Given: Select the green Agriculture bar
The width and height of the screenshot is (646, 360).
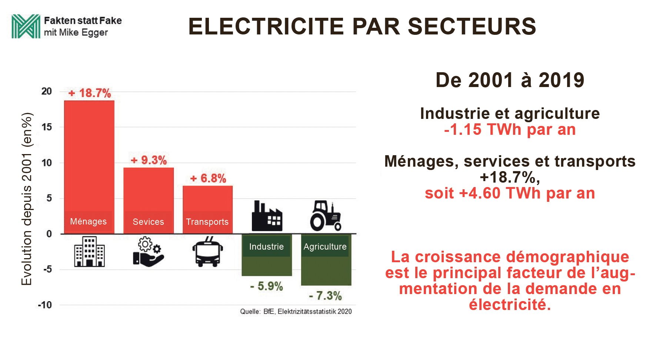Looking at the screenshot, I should [326, 267].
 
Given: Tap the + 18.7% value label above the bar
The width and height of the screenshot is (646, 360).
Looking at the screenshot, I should [90, 93].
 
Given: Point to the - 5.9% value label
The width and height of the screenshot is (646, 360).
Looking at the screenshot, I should [266, 286].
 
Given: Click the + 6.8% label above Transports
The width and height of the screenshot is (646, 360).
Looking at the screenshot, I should [208, 179].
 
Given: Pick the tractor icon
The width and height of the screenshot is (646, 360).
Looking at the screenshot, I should [326, 216].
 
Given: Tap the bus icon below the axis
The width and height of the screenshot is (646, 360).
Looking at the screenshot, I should [208, 253].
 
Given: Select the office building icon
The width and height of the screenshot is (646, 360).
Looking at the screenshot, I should [89, 252].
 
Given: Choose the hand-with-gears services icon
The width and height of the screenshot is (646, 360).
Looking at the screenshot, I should [149, 252].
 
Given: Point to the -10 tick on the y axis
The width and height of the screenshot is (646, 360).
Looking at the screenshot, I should [45, 305].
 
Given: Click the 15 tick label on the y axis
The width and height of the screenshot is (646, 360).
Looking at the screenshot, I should [47, 127].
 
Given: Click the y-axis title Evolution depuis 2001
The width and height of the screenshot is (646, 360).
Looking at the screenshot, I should [27, 199].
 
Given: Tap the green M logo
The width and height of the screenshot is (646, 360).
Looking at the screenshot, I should [26, 26].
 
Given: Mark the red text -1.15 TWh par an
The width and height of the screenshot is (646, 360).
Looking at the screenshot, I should [510, 130].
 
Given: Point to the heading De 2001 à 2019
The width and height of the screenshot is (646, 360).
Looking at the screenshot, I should [510, 80].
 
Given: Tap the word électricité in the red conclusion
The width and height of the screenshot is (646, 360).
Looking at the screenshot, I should [510, 304].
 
